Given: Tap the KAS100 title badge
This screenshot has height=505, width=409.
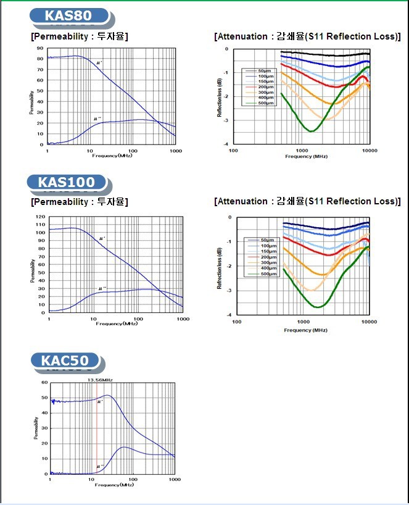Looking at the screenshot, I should [x=67, y=182].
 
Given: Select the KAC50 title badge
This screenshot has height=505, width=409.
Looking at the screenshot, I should [x=65, y=360].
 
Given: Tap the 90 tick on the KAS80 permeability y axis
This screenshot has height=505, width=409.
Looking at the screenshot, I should [x=41, y=48].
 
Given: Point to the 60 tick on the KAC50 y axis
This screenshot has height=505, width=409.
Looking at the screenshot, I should [x=44, y=383].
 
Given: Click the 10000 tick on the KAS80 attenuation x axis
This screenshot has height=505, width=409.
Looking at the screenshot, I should [x=369, y=150].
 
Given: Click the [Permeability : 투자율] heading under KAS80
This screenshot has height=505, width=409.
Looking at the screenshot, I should [x=80, y=36].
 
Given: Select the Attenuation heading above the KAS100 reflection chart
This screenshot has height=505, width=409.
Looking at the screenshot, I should [x=307, y=201].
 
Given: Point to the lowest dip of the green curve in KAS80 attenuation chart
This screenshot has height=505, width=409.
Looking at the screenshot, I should [x=312, y=131].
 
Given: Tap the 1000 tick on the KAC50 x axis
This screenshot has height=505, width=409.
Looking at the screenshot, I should [x=175, y=480].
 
